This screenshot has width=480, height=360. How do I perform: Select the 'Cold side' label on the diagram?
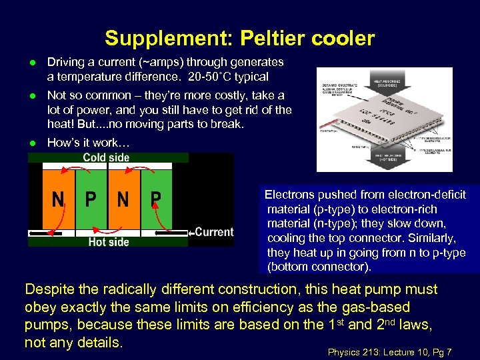coord(107,158)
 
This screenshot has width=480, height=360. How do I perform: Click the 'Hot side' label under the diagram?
coord(108,242)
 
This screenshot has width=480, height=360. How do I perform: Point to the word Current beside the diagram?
coord(214,232)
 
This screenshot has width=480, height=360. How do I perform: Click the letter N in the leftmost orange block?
coord(59,199)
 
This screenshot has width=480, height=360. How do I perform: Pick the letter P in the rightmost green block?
coord(156,199)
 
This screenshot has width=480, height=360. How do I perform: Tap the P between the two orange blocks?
coord(91,199)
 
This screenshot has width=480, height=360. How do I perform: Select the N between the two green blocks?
coord(123,199)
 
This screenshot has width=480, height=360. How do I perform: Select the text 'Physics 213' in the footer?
coord(353,351)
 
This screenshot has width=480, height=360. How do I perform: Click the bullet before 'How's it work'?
coord(31,143)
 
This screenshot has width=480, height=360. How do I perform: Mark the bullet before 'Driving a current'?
coord(31,62)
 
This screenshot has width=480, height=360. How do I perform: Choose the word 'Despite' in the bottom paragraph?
coord(48,289)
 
